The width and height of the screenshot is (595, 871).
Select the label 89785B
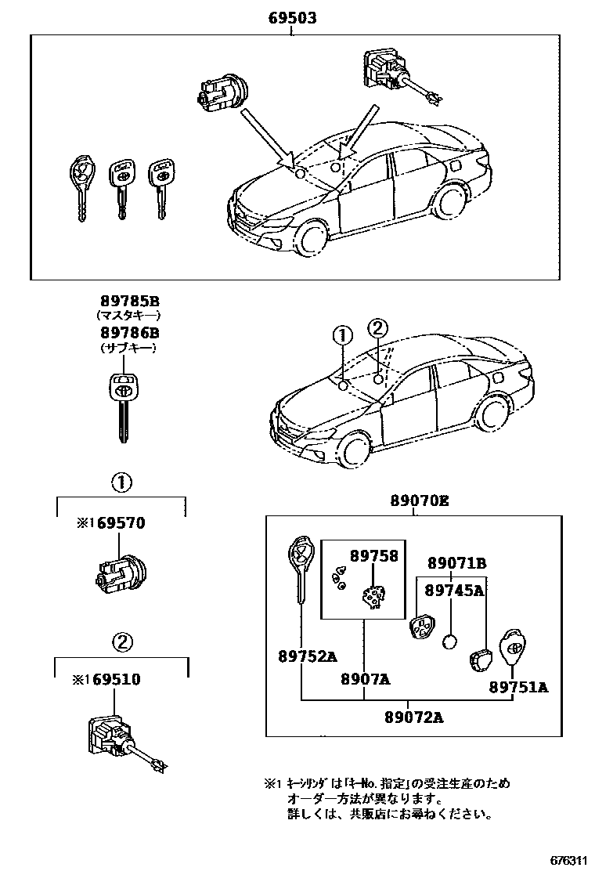129,301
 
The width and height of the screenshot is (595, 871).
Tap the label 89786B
129,333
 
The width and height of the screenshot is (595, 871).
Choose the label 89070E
420,503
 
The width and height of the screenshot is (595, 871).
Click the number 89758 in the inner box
374,555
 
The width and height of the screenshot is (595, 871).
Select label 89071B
457,563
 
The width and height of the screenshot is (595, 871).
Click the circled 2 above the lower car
377,327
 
